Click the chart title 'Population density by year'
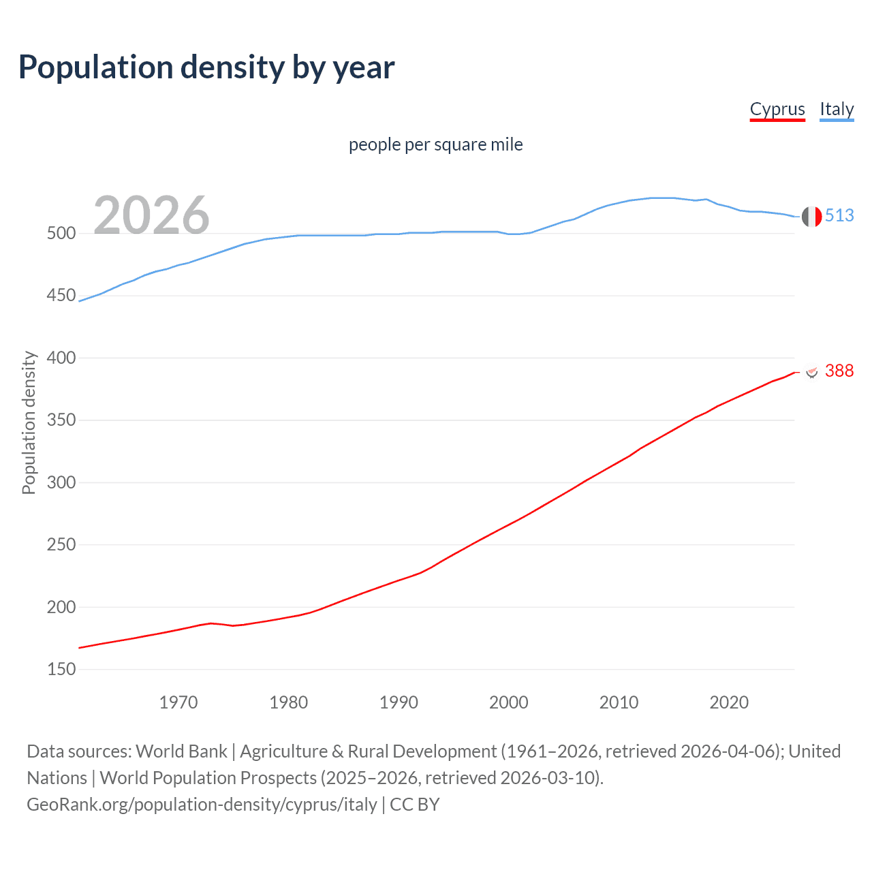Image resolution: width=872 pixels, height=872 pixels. [206, 67]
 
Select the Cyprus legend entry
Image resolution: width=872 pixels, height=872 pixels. [777, 109]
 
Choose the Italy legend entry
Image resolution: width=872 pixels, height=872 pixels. [837, 109]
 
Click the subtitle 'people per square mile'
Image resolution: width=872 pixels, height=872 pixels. [436, 145]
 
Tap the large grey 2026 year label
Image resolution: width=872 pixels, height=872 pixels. [151, 215]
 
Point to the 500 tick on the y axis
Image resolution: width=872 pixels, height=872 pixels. [61, 234]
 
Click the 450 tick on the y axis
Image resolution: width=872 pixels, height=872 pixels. [61, 296]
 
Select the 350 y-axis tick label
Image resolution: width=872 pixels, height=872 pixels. [61, 420]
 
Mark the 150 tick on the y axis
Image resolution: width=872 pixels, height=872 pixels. [61, 670]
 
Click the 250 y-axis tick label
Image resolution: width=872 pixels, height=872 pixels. [61, 545]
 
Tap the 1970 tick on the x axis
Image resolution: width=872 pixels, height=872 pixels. [178, 702]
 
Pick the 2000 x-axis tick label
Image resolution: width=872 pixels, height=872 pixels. [509, 702]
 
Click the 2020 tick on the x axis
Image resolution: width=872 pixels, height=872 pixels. [729, 702]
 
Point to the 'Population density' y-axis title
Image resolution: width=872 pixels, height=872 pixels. [29, 422]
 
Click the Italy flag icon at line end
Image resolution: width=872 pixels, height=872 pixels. [811, 217]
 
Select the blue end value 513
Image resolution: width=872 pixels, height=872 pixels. [839, 216]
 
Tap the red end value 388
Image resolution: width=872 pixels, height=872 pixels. [839, 371]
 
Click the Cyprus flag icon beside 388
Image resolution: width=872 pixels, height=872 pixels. [811, 371]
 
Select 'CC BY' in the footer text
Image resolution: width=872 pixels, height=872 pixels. [415, 805]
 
